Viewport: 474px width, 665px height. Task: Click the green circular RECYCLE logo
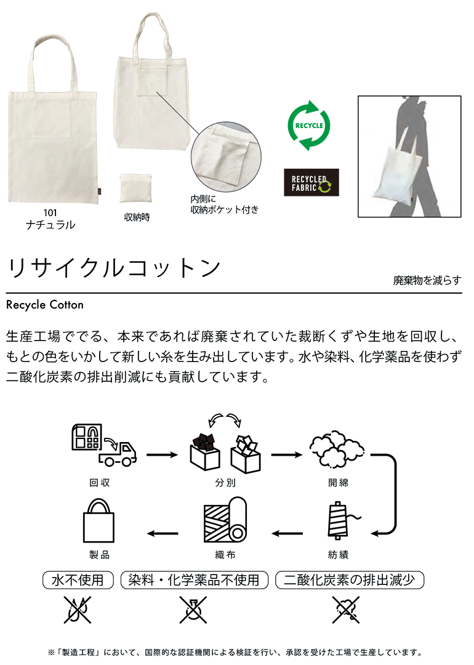309,126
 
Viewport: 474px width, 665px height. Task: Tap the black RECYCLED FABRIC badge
311,182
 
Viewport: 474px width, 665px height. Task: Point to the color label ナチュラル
50,225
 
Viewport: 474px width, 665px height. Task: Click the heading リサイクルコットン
114,267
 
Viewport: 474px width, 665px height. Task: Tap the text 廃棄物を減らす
427,280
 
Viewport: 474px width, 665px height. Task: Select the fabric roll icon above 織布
224,523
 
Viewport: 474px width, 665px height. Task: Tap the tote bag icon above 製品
100,523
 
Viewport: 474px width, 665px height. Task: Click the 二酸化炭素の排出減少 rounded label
350,579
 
